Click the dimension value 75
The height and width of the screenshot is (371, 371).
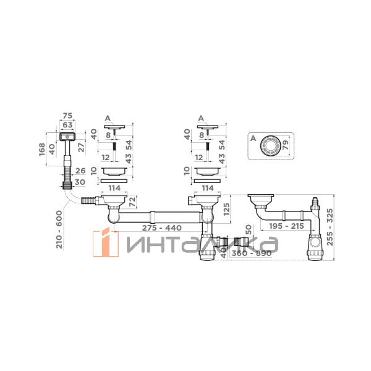67,116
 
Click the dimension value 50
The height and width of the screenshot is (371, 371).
248,230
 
